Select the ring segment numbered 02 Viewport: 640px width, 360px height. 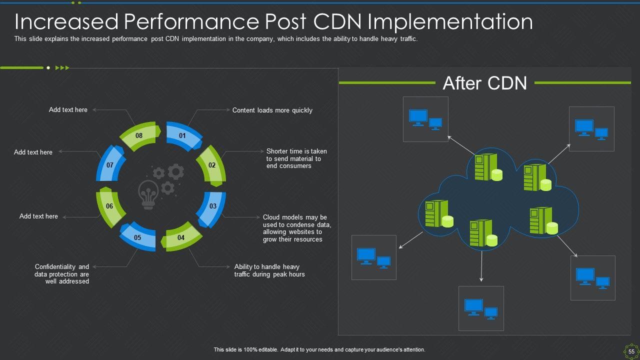212,165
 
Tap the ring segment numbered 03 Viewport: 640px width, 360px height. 212,206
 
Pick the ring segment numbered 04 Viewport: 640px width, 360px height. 181,237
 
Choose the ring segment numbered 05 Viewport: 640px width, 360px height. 137,237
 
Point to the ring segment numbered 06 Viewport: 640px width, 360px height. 109,206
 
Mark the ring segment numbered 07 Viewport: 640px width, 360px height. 110,165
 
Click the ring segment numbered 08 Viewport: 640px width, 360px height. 139,135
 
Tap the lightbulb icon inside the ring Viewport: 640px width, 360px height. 148,193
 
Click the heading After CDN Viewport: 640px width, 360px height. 484,83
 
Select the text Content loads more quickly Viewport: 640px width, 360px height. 272,110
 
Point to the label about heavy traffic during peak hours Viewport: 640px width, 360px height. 269,270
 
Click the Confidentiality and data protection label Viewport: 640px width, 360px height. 62,274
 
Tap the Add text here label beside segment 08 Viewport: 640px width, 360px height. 68,109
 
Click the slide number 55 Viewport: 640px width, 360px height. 631,351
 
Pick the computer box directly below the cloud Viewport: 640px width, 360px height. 481,308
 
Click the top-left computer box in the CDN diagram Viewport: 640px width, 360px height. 425,119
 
